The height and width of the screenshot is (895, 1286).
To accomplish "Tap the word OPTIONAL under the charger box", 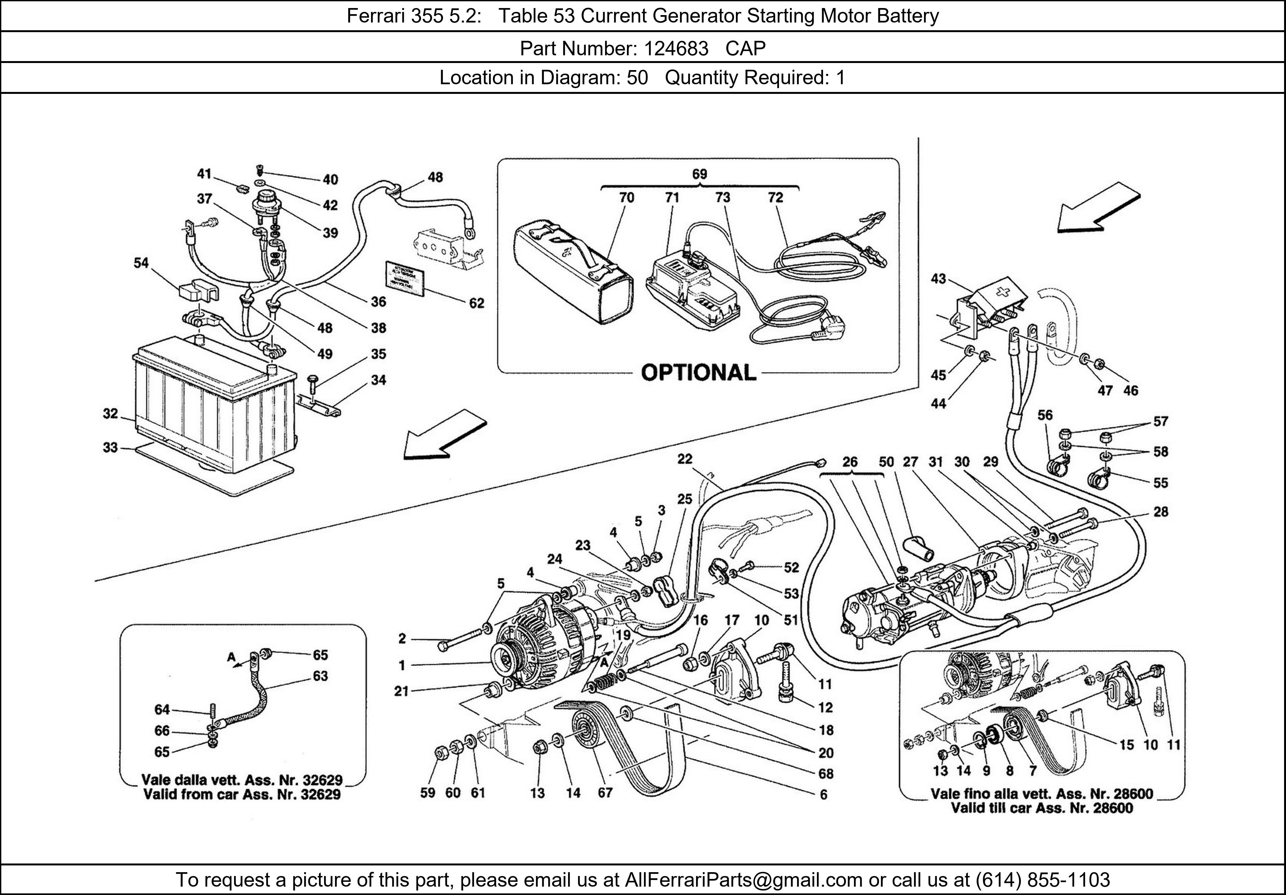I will coord(698,373).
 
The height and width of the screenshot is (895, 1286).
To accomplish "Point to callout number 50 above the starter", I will coord(886,462).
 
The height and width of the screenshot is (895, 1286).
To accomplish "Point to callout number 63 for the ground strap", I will coord(320,676).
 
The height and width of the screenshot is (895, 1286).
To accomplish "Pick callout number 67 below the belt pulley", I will coord(605,792).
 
